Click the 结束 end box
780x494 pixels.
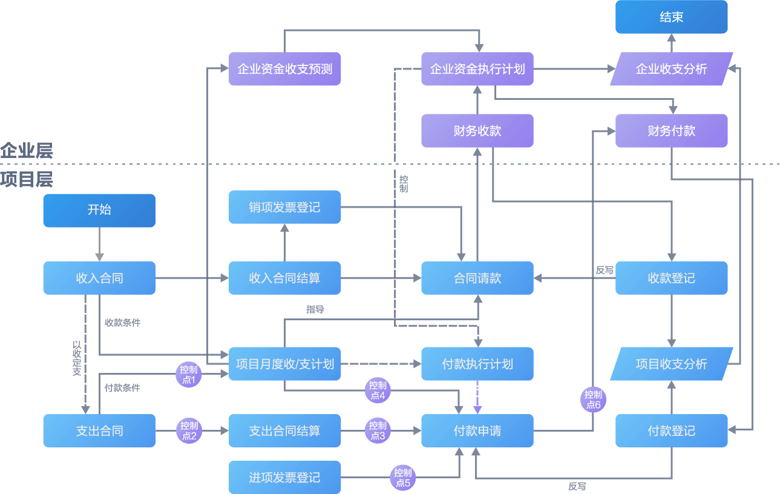(671, 17)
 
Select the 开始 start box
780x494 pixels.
(99, 211)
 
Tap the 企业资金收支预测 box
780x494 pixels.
(284, 68)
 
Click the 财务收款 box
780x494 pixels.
(477, 131)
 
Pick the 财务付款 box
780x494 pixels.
(671, 131)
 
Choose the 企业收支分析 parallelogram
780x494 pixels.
(671, 68)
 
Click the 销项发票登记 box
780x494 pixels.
(284, 207)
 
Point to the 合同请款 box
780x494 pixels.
(477, 278)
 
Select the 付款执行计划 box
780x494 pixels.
(477, 364)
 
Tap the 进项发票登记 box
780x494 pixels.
(284, 477)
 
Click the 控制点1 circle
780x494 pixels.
(189, 375)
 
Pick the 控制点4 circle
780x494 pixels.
(378, 390)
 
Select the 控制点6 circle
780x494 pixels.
(593, 400)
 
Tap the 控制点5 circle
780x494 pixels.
(402, 478)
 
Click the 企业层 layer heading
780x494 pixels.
(27, 151)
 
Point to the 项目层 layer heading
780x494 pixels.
(27, 179)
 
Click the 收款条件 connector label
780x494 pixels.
(123, 323)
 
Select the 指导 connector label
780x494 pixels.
(315, 309)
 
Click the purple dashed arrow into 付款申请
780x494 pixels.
(477, 397)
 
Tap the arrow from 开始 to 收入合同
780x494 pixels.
(99, 244)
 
